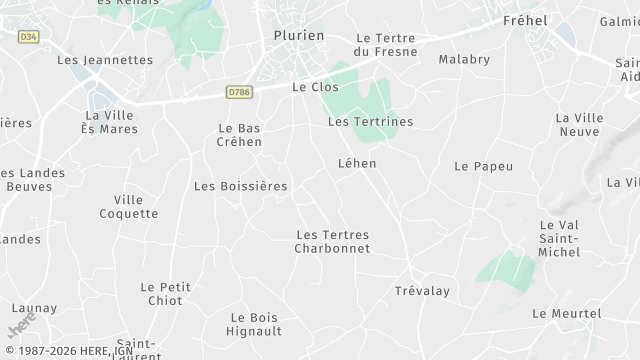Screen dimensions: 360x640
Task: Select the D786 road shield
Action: coord(239,93)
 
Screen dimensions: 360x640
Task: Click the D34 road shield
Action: coord(28,37)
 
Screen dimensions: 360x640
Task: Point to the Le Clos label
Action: coord(315,87)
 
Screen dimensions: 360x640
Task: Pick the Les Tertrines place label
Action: coord(370,121)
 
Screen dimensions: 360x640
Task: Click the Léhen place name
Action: coord(357,162)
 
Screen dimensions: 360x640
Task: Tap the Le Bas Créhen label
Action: coord(240,135)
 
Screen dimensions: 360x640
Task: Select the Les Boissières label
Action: coord(240,186)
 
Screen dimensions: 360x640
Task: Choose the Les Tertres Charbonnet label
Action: coord(333,241)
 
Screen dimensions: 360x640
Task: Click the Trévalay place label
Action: coord(422,290)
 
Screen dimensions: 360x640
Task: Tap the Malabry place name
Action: coord(464,59)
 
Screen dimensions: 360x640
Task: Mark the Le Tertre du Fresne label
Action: coord(392,45)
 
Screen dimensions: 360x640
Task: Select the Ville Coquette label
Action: coord(129,206)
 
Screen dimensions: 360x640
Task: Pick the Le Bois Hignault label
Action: coord(252,324)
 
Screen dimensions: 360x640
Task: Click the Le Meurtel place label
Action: coord(567,313)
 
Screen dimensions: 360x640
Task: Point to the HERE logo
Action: coord(22,326)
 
